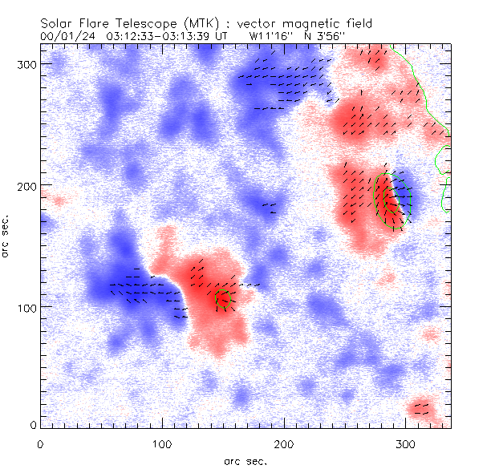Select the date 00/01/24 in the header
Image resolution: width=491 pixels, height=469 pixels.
coord(67,36)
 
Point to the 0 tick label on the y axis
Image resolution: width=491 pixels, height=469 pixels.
coord(31,424)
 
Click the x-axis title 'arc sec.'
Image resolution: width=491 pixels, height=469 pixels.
coord(245,461)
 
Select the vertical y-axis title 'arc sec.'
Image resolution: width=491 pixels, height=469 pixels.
coord(7,237)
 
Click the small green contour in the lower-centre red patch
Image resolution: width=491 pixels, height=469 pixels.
coord(223,300)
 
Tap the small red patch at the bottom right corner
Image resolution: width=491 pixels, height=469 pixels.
coord(420,411)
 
